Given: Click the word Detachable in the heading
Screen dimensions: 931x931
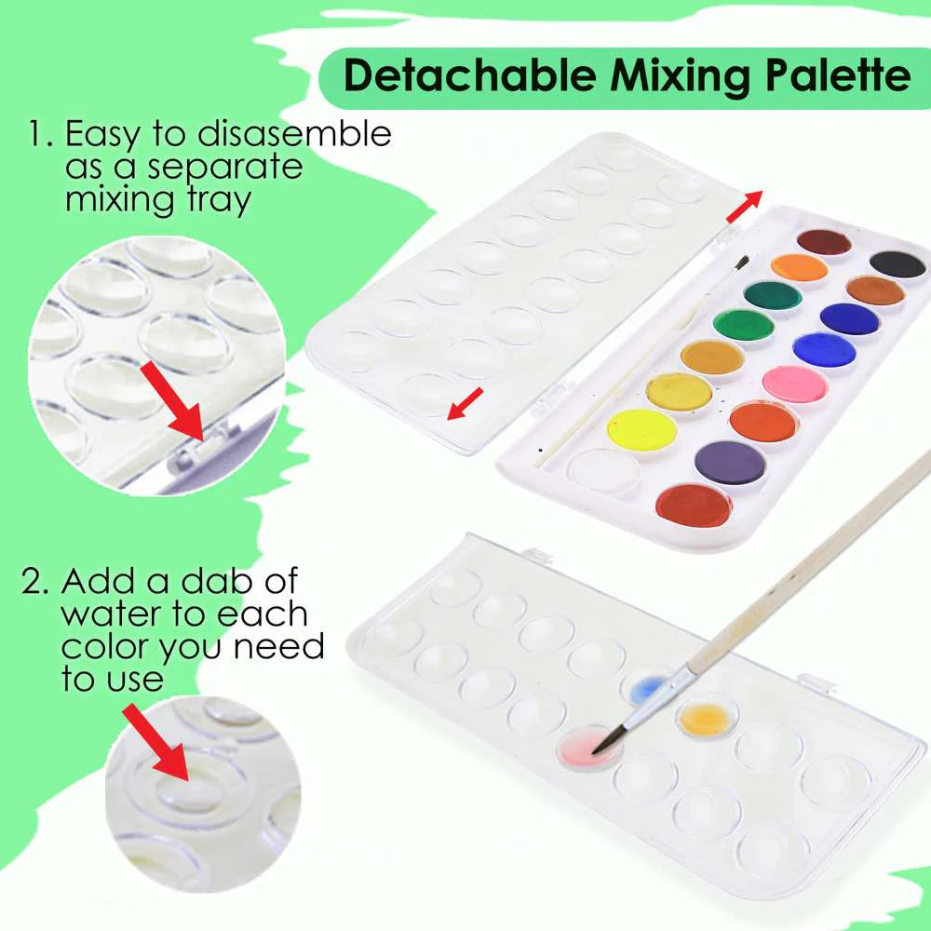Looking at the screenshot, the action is point(469,75).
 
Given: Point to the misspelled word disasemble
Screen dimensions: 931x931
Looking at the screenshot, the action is point(294,133).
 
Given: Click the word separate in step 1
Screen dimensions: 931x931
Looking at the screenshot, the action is point(225,168).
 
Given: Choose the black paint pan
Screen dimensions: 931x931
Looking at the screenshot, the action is point(897,264).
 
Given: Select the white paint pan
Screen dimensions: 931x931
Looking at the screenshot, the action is point(602,471).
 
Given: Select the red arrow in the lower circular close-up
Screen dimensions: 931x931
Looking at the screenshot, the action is point(155,742).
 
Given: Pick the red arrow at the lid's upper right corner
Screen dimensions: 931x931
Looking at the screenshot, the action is point(744,207).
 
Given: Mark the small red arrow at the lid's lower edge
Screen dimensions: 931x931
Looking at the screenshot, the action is point(465,404).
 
